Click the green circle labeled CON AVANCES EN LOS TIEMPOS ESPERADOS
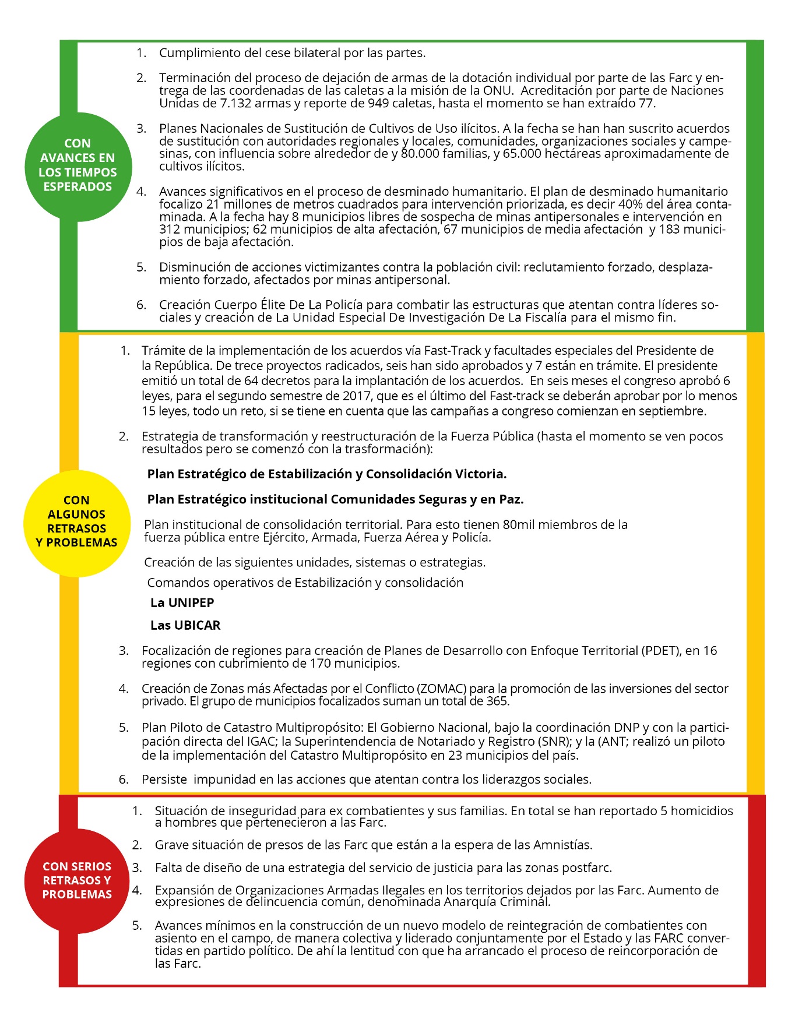coord(78,166)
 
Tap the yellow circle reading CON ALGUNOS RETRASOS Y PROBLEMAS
coord(77,523)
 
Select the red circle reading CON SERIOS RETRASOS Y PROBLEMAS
coord(77,880)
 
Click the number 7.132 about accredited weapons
coord(235,104)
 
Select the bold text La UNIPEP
coord(182,603)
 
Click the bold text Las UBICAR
coord(185,626)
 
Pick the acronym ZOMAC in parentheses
coord(442,689)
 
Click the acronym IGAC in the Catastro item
coord(261,742)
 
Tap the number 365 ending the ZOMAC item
coord(497,701)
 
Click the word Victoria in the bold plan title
coord(481,474)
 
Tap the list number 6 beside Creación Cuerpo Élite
coord(141,305)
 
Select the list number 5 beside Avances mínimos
coord(137,925)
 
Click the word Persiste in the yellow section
coord(164,780)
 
